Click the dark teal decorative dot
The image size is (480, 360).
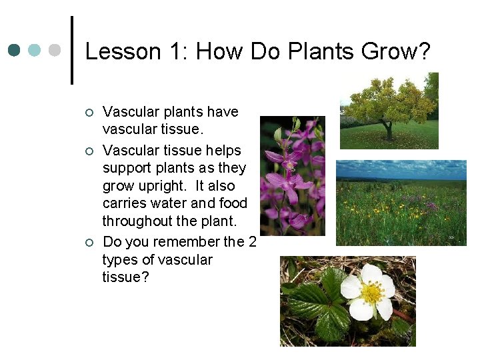15,51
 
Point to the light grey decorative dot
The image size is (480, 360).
55,51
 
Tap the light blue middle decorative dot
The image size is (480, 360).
35,51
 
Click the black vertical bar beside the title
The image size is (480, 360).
72,51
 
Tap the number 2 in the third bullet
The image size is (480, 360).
251,241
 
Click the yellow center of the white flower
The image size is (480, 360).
371,292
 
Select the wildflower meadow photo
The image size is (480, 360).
401,203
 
